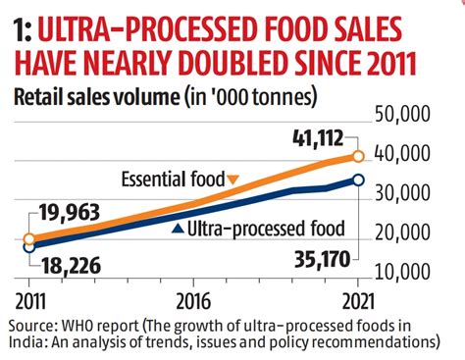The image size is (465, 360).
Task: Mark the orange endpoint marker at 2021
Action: pos(358,156)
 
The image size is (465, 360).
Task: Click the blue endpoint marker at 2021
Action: pos(358,180)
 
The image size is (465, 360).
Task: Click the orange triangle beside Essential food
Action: pos(232,180)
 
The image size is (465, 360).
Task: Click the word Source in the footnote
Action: pos(29,324)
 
